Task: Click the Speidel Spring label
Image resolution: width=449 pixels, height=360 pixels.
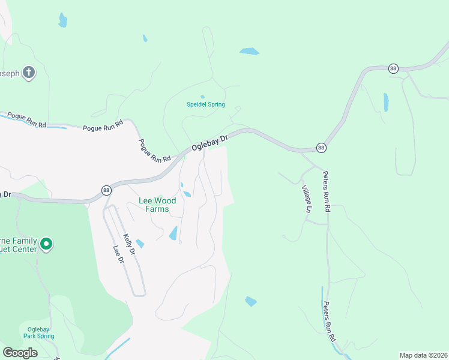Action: pyautogui.click(x=205, y=104)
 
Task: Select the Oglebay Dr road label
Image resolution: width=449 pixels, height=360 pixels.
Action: pyautogui.click(x=210, y=142)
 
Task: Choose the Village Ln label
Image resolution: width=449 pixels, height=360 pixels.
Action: pyautogui.click(x=307, y=199)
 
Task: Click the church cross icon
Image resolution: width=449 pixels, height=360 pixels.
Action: pyautogui.click(x=29, y=73)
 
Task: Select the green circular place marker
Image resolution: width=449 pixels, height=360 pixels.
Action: pyautogui.click(x=46, y=244)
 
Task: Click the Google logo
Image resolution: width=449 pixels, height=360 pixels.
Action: pyautogui.click(x=20, y=353)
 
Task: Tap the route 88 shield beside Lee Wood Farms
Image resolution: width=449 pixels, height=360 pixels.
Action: pyautogui.click(x=106, y=190)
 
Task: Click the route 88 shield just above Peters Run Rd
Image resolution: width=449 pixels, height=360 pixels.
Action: pyautogui.click(x=321, y=148)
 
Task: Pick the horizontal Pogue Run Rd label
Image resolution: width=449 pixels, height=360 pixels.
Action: pyautogui.click(x=103, y=128)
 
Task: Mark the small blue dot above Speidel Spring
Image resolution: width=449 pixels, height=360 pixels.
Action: pyautogui.click(x=202, y=97)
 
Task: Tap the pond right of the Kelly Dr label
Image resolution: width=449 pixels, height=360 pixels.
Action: pyautogui.click(x=140, y=244)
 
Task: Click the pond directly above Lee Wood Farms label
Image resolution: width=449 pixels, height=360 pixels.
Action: pyautogui.click(x=187, y=193)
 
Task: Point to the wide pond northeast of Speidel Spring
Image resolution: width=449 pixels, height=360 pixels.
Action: pyautogui.click(x=249, y=52)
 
